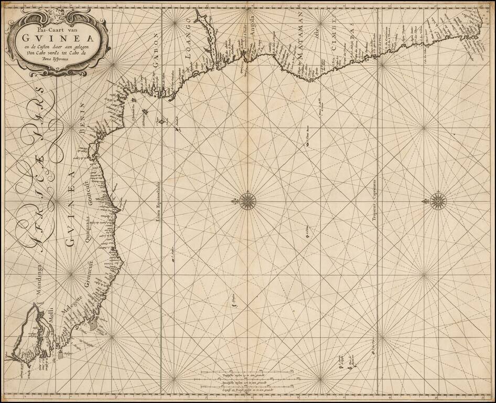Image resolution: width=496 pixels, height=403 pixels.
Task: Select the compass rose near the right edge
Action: (436, 200)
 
